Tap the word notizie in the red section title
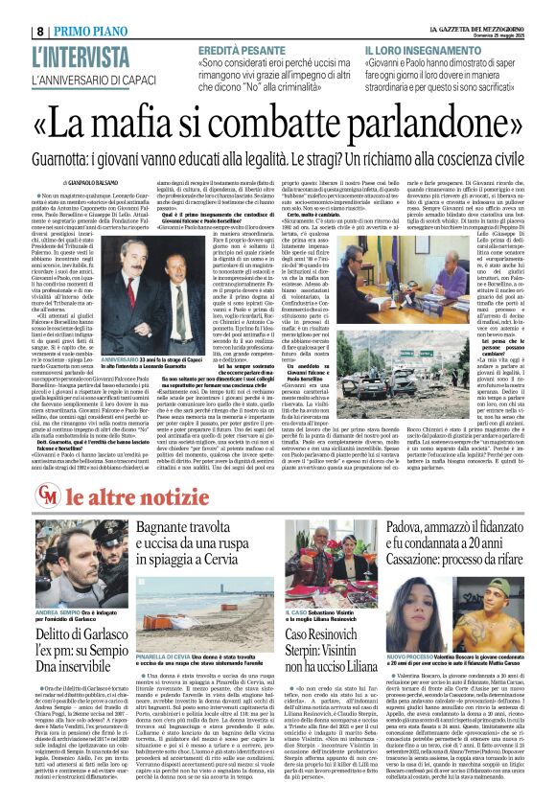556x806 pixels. (136, 498)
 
